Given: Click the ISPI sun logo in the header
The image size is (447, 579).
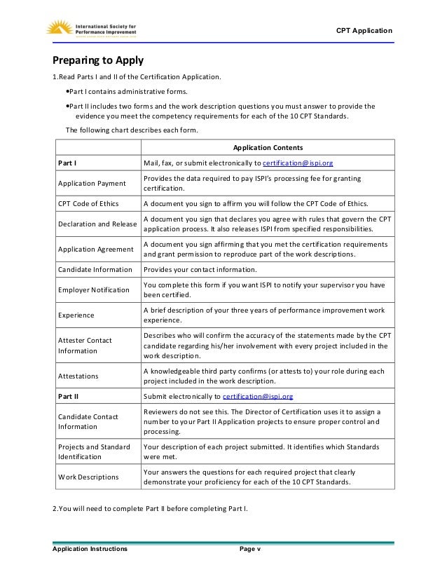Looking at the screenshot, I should tap(59, 28).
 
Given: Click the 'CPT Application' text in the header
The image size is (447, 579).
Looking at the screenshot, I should tap(364, 31).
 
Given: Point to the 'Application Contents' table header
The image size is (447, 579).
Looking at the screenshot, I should tap(268, 148).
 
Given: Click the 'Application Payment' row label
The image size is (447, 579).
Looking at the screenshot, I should tap(92, 184).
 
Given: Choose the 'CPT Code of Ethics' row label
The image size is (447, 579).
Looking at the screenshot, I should tap(88, 204).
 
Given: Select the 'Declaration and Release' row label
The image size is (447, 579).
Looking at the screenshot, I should tap(97, 224).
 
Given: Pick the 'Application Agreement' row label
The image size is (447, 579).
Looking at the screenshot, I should tap(95, 249).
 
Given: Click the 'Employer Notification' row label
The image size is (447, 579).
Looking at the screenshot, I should tap(93, 289).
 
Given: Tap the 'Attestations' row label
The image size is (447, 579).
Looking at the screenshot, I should tap(78, 376).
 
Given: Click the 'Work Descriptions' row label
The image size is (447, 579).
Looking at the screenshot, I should tap(88, 477).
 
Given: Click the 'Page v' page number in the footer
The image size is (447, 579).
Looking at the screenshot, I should tap(249, 549).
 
